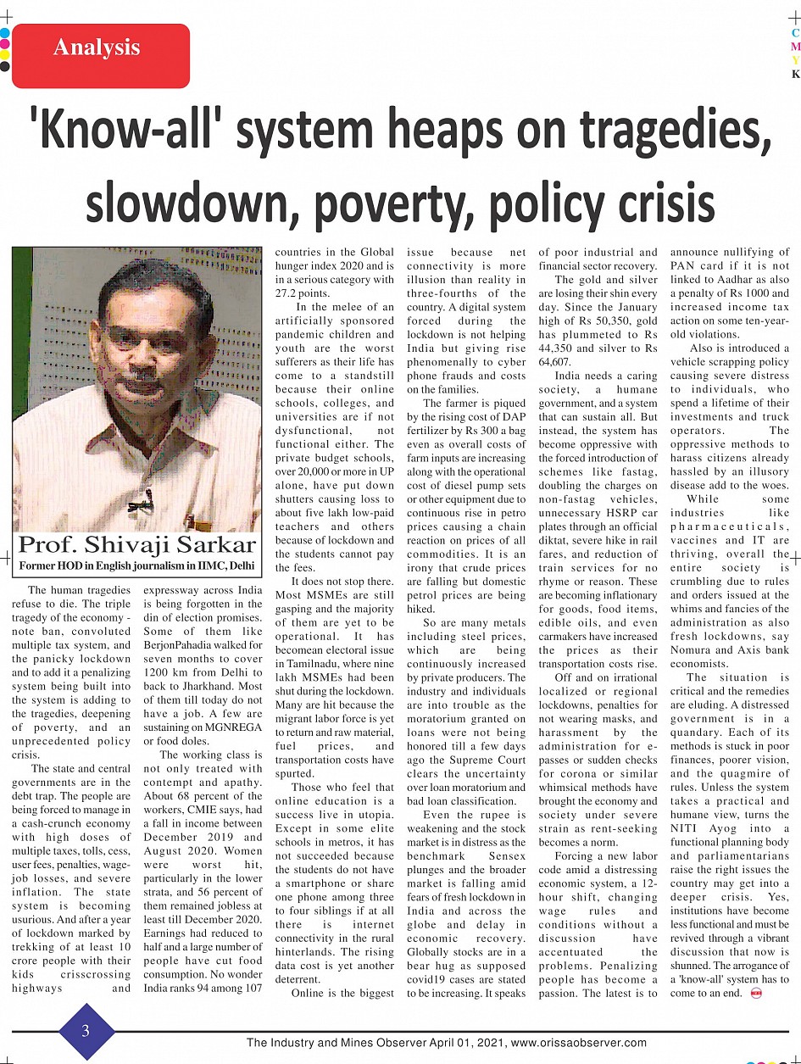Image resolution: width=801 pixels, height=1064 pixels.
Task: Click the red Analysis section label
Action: [x=96, y=48]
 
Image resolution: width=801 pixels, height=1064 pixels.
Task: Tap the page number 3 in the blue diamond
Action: [x=86, y=1031]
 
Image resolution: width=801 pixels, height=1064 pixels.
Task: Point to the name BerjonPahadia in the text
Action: [x=182, y=644]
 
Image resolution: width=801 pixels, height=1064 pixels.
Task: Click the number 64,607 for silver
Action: [x=554, y=361]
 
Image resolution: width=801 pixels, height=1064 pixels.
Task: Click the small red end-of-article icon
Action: [x=757, y=993]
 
